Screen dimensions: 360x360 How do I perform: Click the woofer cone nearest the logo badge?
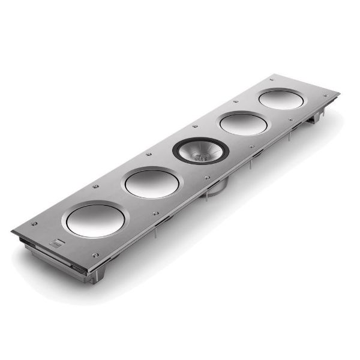[95, 220]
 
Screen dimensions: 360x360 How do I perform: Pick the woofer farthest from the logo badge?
[281, 100]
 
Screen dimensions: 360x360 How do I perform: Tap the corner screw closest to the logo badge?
[34, 224]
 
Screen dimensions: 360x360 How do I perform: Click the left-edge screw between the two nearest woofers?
[95, 187]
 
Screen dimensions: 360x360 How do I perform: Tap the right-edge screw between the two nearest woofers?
[156, 213]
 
